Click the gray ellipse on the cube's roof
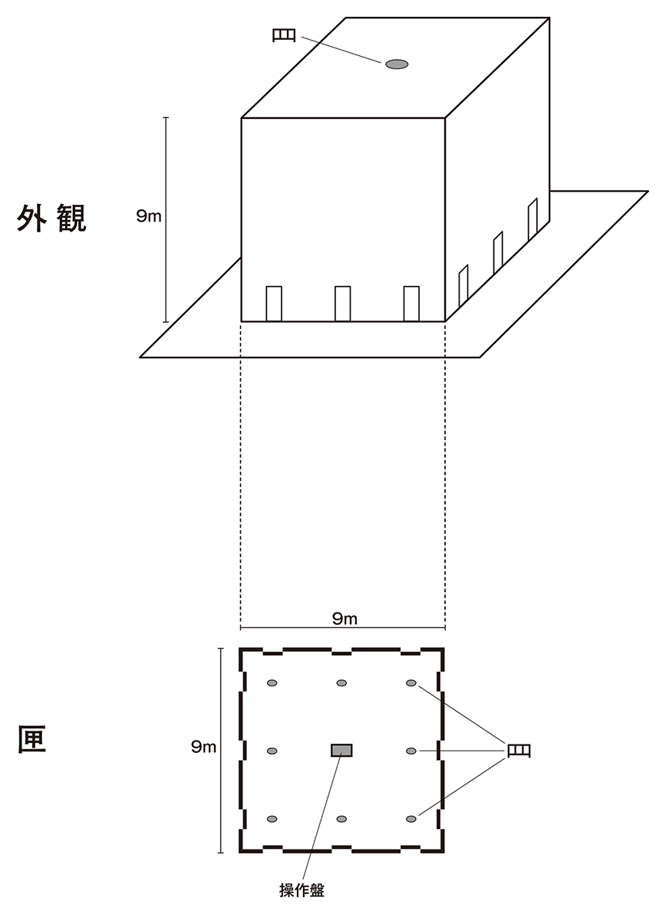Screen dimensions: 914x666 (x=397, y=64)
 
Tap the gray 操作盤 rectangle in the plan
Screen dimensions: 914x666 (x=341, y=750)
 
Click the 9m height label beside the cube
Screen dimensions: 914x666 (x=149, y=217)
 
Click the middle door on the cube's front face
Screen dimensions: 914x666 (x=343, y=303)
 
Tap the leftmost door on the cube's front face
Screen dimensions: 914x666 (x=274, y=303)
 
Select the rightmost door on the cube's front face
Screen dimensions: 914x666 (x=412, y=303)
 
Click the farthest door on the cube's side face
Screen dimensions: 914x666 (x=532, y=219)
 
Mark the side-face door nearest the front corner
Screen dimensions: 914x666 (x=463, y=284)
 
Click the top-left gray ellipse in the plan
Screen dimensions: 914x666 (x=272, y=683)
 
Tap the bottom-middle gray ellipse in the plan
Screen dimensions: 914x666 (x=342, y=819)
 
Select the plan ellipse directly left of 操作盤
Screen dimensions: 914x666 (x=272, y=750)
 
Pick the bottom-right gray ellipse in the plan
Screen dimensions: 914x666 (x=411, y=819)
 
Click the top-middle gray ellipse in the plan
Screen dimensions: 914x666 (x=342, y=683)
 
